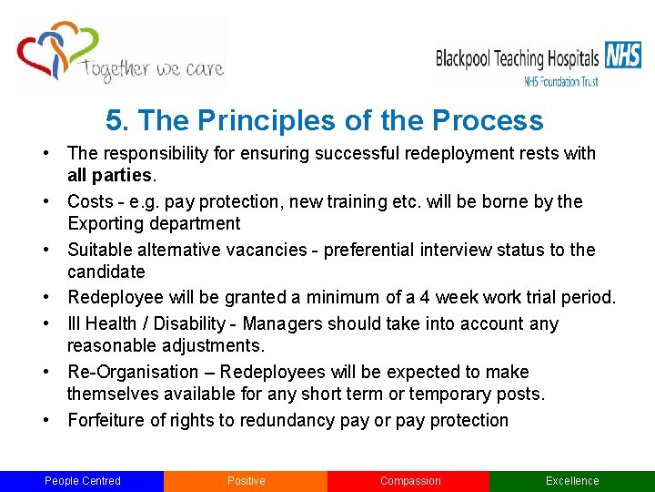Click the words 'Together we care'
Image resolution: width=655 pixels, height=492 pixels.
point(151,68)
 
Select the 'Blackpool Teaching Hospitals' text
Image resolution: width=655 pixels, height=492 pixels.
point(517,59)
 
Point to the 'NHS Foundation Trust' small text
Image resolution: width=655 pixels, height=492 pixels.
point(560,81)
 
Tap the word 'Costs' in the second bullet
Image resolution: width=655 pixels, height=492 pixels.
point(90,201)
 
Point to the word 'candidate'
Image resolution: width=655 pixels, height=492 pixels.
point(106,272)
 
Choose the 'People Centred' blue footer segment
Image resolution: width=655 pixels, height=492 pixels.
point(82,481)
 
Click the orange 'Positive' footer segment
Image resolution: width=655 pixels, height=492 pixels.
point(246,481)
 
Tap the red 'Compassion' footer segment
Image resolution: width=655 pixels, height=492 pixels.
point(409,481)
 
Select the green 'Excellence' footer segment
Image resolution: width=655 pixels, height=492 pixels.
point(572,481)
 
